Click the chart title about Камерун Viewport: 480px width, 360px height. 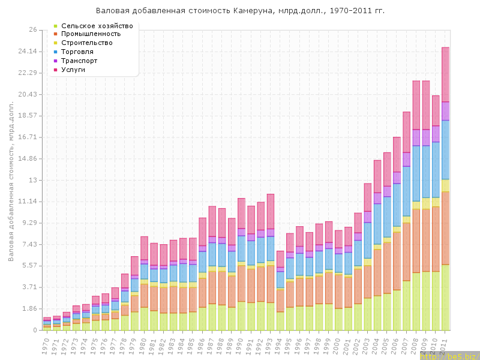coord(240,11)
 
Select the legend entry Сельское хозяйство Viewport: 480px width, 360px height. coord(97,26)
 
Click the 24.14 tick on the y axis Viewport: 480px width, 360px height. coord(27,51)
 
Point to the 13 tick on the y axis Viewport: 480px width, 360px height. coord(32,180)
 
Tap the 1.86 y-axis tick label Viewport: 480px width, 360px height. coord(29,308)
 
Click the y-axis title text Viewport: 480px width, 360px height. coord(11,181)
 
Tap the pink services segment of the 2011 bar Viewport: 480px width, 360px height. coord(446,74)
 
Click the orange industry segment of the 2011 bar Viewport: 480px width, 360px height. coord(446,228)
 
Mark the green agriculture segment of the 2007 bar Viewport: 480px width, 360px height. coord(407,305)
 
